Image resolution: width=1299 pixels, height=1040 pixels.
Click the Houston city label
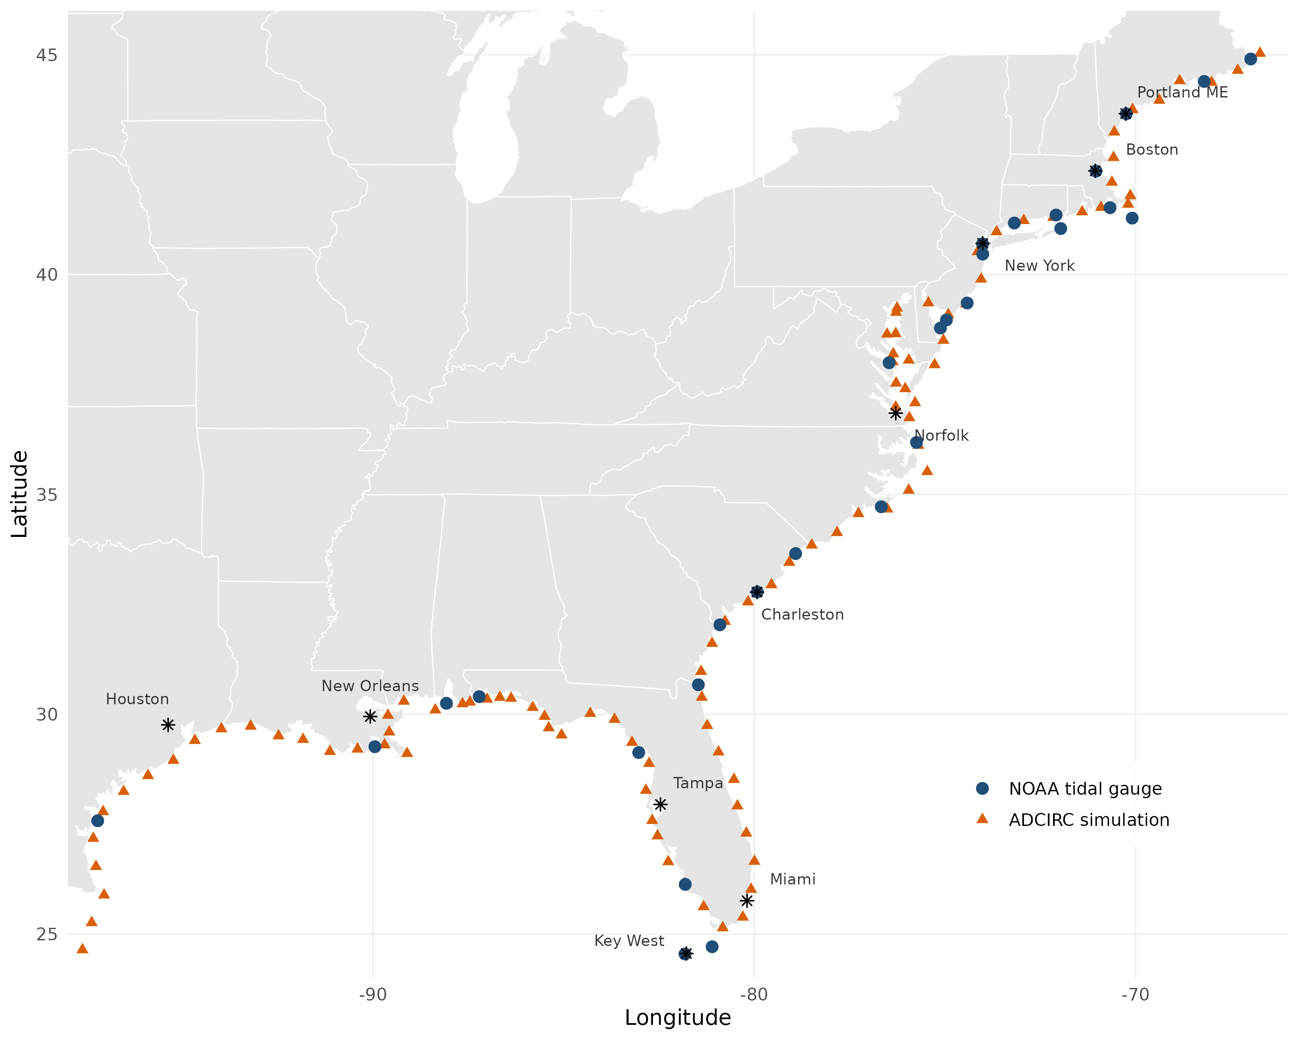tap(137, 699)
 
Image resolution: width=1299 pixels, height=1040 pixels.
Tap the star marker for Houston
tap(168, 725)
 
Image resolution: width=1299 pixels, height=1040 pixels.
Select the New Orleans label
tap(370, 686)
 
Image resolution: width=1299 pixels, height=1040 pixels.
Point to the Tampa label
tap(698, 783)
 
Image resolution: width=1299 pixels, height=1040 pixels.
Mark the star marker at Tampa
tap(660, 804)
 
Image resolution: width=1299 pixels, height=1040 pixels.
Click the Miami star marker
tap(747, 901)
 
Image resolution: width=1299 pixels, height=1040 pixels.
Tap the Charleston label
tap(802, 614)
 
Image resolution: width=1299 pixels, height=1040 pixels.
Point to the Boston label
tap(1152, 149)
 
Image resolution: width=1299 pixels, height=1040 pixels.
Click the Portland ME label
tap(1182, 92)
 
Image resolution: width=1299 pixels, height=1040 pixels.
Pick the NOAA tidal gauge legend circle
tap(982, 788)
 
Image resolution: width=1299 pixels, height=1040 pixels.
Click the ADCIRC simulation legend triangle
tap(982, 819)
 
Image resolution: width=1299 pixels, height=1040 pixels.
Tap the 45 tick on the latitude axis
tap(47, 55)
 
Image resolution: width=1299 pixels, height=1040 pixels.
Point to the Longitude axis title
tap(678, 1018)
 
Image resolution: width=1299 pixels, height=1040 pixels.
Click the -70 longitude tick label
tap(1135, 995)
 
